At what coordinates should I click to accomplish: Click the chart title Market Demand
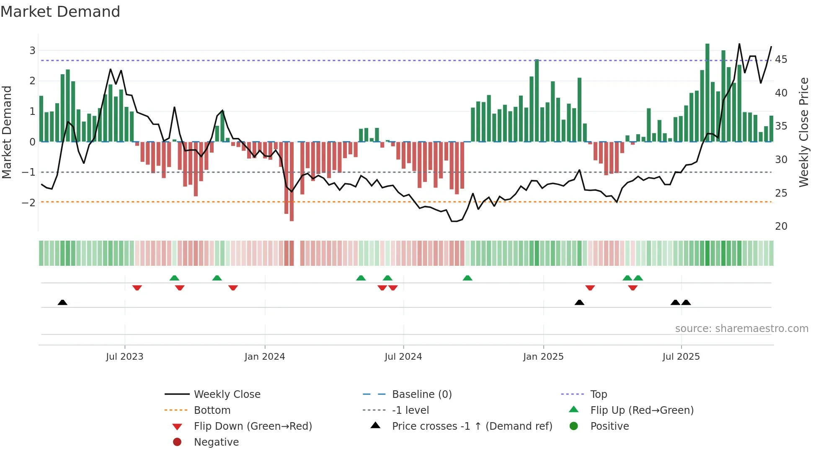[x=60, y=12]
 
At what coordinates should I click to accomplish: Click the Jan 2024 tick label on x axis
[x=265, y=357]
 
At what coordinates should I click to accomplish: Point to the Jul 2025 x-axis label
[x=681, y=357]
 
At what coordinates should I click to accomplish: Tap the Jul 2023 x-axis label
[x=124, y=357]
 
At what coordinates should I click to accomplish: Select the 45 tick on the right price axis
[x=781, y=60]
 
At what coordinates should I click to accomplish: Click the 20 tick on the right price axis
[x=781, y=226]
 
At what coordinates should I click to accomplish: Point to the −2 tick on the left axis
[x=28, y=203]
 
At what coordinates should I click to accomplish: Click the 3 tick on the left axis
[x=32, y=51]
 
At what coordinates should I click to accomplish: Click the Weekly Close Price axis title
[x=803, y=132]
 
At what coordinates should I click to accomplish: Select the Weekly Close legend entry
[x=227, y=395]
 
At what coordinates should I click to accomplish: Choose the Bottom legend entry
[x=212, y=410]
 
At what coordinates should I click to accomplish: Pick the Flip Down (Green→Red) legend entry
[x=253, y=426]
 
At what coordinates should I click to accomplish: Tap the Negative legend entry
[x=216, y=442]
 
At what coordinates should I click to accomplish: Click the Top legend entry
[x=599, y=395]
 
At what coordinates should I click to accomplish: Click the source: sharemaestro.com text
[x=741, y=329]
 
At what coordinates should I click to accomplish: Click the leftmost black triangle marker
[x=62, y=302]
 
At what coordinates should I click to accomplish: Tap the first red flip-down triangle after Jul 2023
[x=137, y=288]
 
